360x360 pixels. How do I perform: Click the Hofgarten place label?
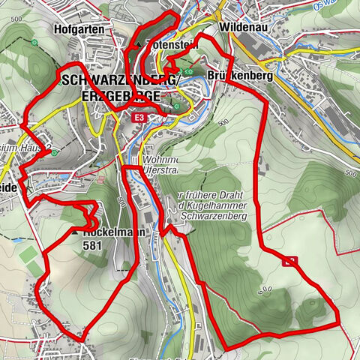tap(79, 28)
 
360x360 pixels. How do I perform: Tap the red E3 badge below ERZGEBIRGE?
tap(139, 118)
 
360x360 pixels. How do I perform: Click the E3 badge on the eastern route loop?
tap(291, 261)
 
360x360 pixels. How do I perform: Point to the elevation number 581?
tap(93, 244)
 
